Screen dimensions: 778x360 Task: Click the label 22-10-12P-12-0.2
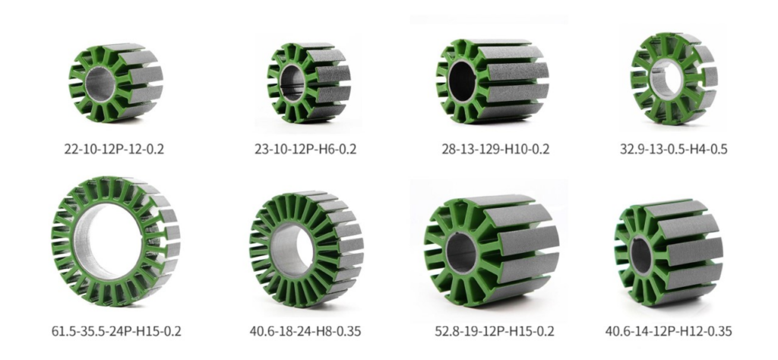point(114,149)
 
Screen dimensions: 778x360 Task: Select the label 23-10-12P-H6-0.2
point(305,149)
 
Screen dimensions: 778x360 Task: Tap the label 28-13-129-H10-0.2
point(495,149)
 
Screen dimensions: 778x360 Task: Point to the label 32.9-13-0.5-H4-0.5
point(673,149)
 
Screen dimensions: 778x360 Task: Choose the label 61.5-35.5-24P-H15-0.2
point(116,330)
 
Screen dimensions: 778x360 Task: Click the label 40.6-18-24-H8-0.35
point(305,330)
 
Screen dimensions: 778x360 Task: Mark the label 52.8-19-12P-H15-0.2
point(494,330)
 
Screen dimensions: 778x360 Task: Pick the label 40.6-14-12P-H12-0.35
point(669,330)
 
